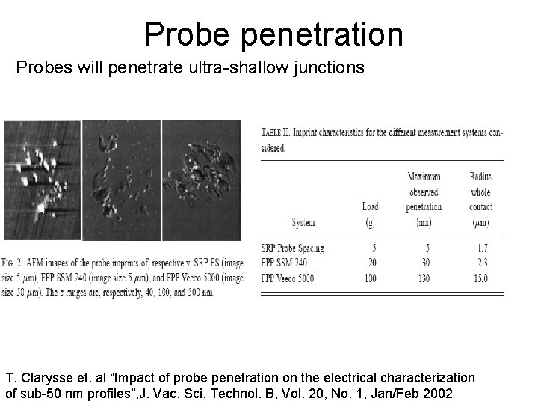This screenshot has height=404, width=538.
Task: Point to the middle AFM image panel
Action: (121, 180)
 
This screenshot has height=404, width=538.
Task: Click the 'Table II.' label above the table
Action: (276, 132)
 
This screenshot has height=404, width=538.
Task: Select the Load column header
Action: (370, 206)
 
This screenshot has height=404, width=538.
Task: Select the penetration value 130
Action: (424, 278)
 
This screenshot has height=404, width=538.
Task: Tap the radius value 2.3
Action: (482, 263)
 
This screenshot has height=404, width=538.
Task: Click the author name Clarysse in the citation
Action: (45, 378)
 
